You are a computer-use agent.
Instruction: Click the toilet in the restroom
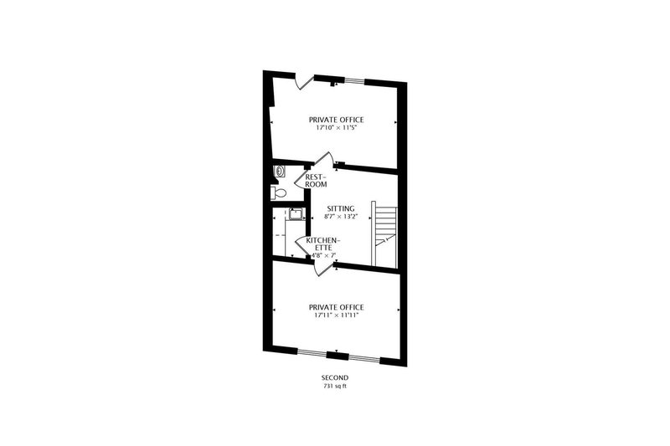click(x=279, y=193)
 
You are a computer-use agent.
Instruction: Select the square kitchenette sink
click(x=294, y=213)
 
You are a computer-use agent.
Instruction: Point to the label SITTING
click(x=341, y=208)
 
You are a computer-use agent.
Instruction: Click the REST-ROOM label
click(x=315, y=180)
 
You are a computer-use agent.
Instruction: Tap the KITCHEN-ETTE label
click(x=322, y=244)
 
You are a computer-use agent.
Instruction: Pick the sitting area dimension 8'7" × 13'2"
click(x=341, y=217)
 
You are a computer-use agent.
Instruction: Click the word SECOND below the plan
click(x=334, y=378)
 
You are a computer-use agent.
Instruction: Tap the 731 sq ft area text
click(x=334, y=387)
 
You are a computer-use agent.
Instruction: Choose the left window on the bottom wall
click(x=315, y=353)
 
